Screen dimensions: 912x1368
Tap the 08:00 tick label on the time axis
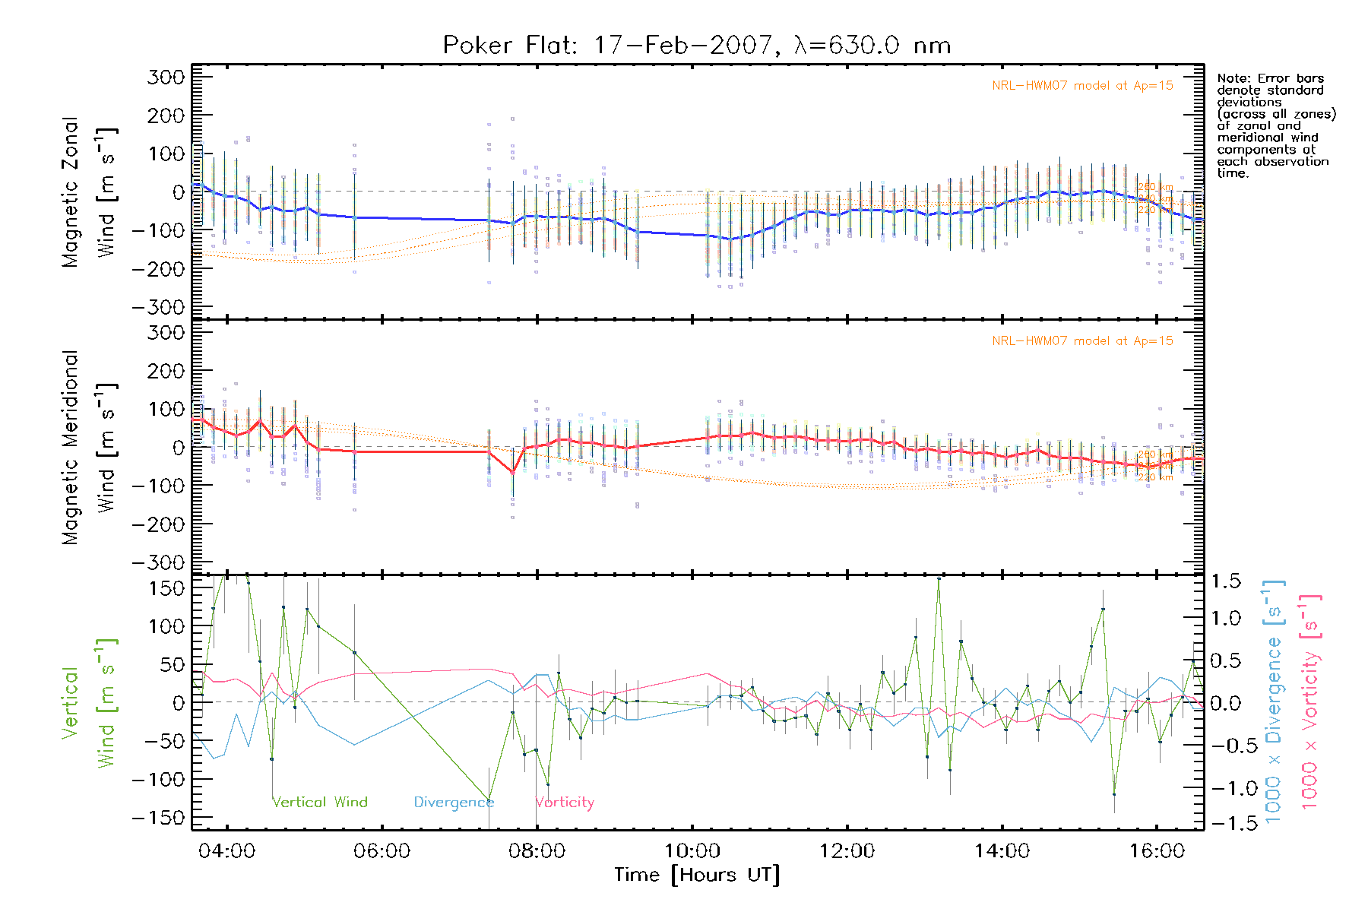[x=537, y=850]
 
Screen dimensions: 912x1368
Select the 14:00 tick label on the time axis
[x=1002, y=850]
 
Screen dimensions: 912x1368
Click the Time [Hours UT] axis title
[x=697, y=876]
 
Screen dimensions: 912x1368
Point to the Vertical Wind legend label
[x=320, y=802]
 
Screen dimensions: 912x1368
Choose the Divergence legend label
[x=454, y=802]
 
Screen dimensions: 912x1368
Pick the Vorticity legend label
[x=565, y=802]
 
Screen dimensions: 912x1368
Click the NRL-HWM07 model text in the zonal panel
[x=1082, y=86]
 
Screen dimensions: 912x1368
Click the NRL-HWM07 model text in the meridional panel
[x=1082, y=341]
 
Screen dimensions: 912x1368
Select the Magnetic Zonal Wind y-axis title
[x=90, y=192]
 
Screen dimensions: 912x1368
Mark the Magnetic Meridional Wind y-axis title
[x=90, y=448]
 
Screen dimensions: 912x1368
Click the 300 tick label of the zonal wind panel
[x=166, y=78]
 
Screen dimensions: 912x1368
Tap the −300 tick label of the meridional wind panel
[x=158, y=563]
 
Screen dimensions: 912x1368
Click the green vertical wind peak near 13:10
[x=939, y=579]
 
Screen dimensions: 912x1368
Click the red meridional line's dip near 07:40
[x=513, y=473]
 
